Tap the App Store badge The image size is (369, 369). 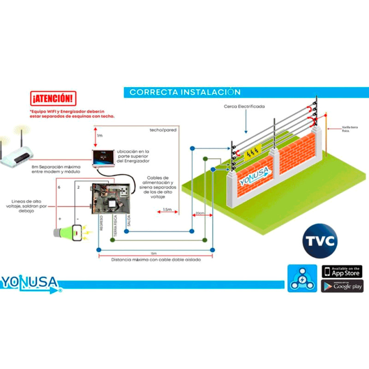[x=342, y=271]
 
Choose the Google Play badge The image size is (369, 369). [x=342, y=286]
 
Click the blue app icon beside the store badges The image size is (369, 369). [x=302, y=279]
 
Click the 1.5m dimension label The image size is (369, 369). [x=168, y=210]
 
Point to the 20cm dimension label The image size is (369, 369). [x=200, y=213]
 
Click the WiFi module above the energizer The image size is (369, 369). [x=103, y=158]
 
